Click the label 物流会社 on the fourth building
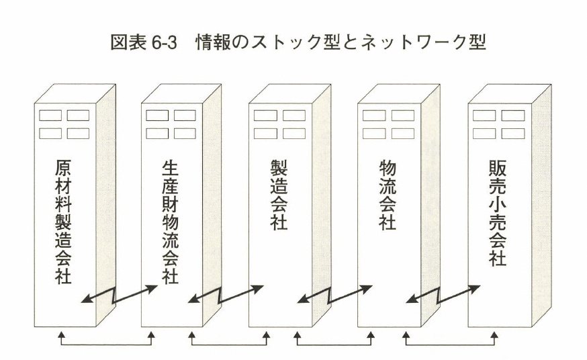pyautogui.click(x=388, y=195)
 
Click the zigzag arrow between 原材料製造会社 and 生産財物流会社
pyautogui.click(x=119, y=294)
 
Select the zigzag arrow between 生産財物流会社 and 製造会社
pyautogui.click(x=225, y=294)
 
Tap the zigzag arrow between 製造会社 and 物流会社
pyautogui.click(x=334, y=294)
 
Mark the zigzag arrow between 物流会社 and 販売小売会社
pyautogui.click(x=443, y=294)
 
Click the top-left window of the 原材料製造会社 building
pyautogui.click(x=50, y=116)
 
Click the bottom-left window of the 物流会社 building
pyautogui.click(x=373, y=133)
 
